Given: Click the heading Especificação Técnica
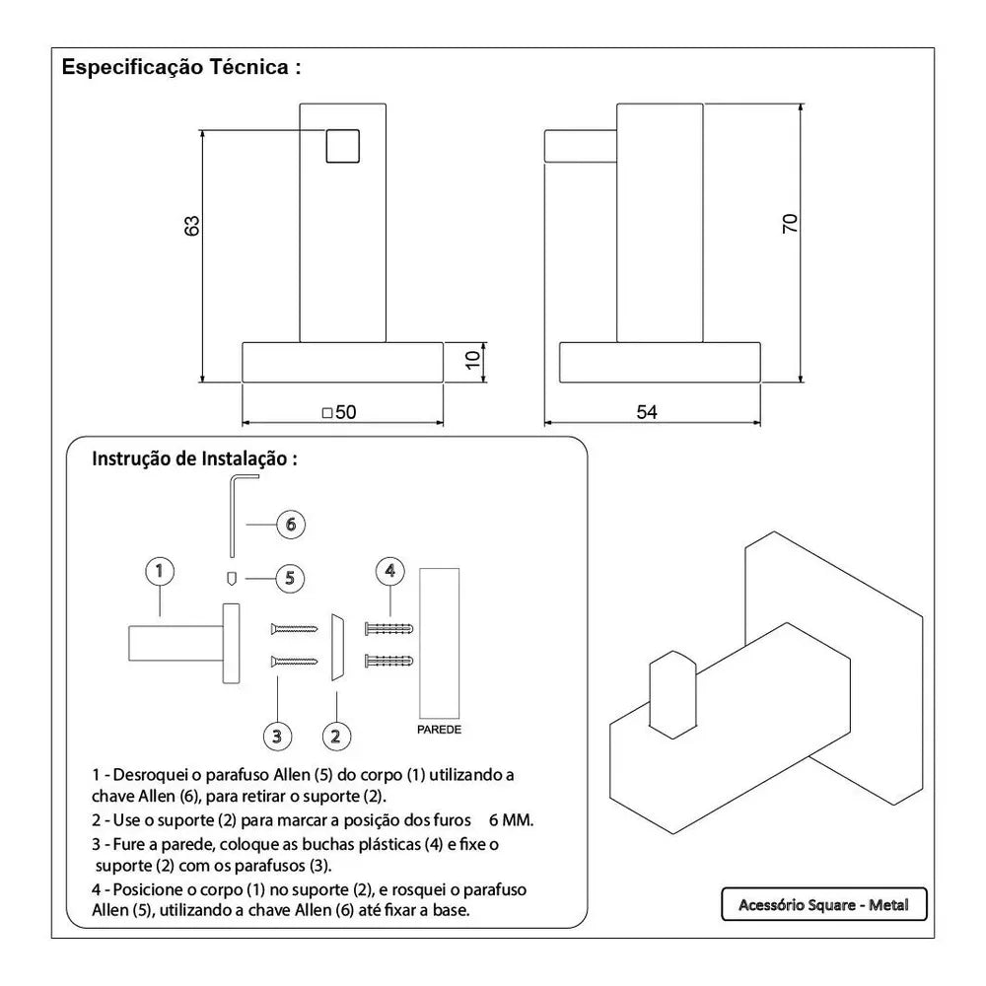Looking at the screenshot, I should pos(180,68).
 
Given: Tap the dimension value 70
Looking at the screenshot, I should pos(790,224).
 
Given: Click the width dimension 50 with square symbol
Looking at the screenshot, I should pos(339,412).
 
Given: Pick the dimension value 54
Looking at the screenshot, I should pos(647,412).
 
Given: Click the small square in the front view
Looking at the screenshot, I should pos(342,146).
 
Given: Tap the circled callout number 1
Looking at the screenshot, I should pos(159,570).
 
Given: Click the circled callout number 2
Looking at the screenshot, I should pos(336,735).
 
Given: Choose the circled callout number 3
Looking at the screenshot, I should pos(277,735).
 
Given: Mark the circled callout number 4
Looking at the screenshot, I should pos(390,570).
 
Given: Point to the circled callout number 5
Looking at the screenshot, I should pos(289,578).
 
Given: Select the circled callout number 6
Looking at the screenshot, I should pos(289,525).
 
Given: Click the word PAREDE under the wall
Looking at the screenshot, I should pos(439,731).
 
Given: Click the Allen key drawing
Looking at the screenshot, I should pos(232,513).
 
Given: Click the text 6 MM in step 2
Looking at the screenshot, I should pos(511,820).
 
